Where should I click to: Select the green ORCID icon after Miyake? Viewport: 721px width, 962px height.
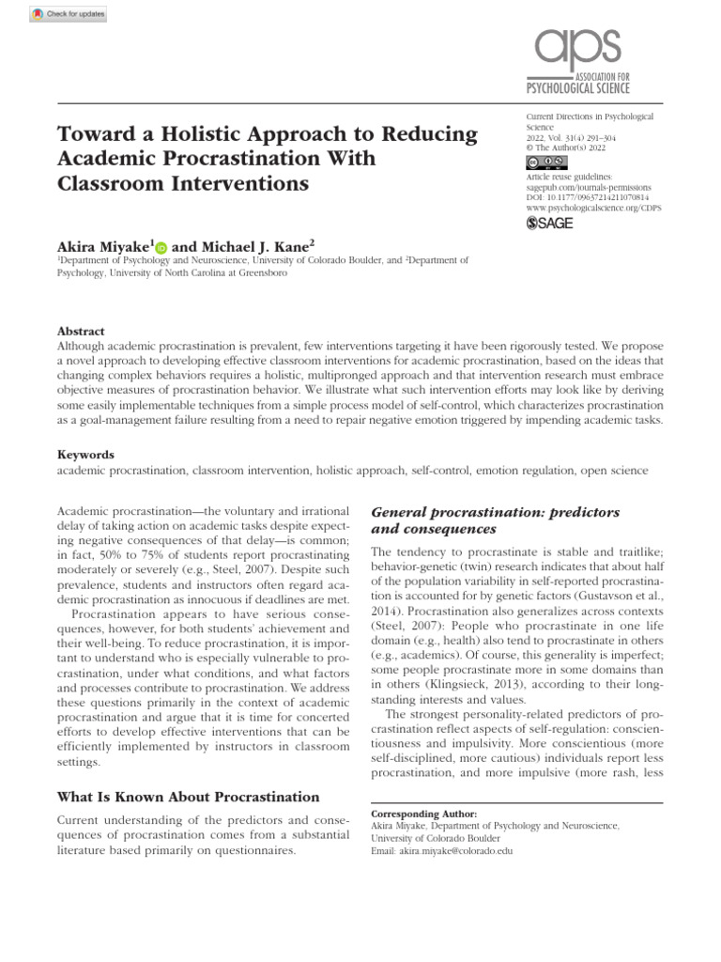(161, 246)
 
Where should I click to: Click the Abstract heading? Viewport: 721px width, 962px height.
(82, 332)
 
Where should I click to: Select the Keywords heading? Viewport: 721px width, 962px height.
(85, 454)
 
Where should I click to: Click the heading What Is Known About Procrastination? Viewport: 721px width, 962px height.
(181, 797)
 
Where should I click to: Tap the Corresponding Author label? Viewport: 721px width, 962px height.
(424, 813)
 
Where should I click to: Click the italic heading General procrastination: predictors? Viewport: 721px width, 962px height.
(496, 512)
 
